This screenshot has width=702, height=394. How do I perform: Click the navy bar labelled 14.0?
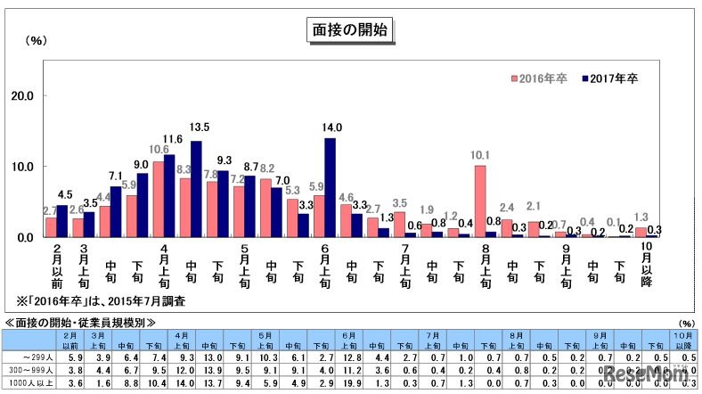(x=330, y=187)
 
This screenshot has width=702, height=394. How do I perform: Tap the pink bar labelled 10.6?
(x=158, y=199)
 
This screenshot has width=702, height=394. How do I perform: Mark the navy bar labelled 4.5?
(x=61, y=221)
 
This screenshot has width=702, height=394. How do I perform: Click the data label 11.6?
(x=173, y=139)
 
